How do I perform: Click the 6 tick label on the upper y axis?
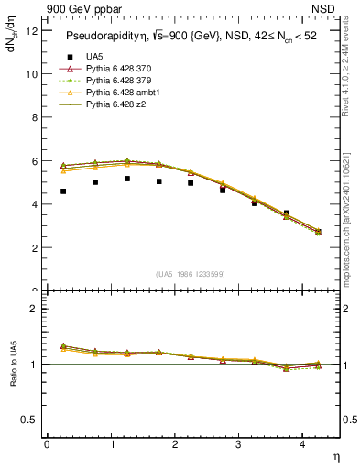35,161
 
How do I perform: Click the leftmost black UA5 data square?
63,191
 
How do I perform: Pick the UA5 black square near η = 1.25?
127,179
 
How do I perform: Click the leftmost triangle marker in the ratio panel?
63,346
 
